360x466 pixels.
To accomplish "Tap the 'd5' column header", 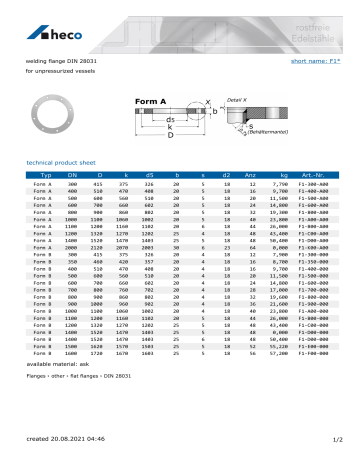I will click(148, 175).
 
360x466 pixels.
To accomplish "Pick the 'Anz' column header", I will click(251, 175).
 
